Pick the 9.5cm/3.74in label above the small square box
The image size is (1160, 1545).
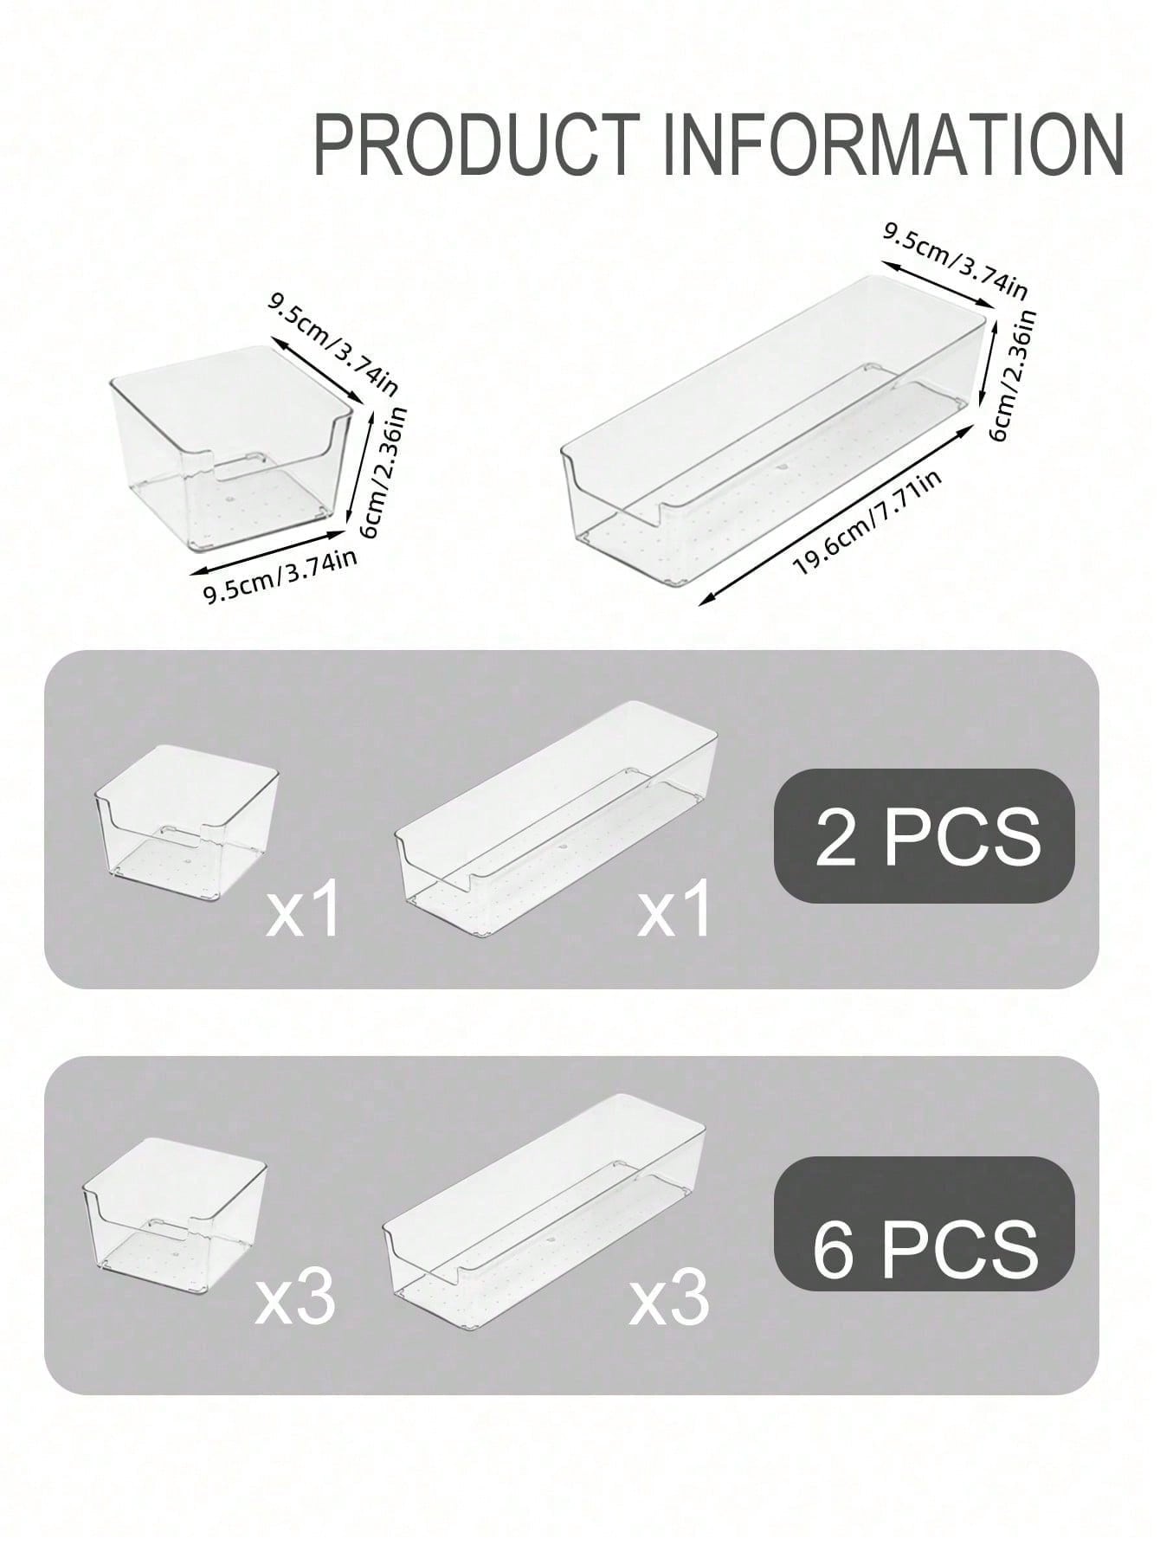(x=333, y=343)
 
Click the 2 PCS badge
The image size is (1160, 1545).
(x=924, y=835)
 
